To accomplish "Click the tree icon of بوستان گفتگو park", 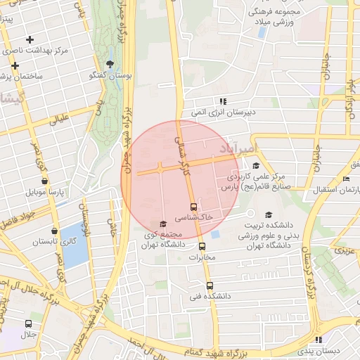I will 110,64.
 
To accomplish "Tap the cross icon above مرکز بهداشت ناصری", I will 29,39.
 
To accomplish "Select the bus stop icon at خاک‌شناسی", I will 194,207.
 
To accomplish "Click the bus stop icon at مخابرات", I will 202,246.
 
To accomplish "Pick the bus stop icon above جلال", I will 28,324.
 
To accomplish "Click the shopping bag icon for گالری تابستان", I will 55,231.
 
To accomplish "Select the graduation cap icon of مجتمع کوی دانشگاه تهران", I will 163,224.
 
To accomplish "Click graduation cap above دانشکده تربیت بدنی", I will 268,215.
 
